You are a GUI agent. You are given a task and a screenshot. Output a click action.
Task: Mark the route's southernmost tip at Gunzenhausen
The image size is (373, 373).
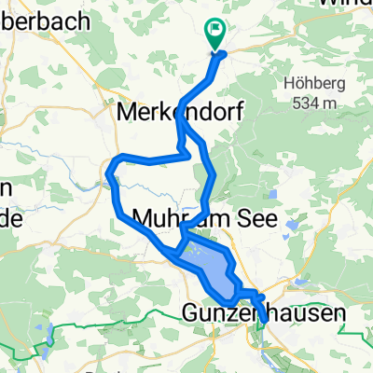(x=266, y=323)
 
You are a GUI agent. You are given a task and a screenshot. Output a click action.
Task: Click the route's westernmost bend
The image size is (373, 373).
(x=110, y=173)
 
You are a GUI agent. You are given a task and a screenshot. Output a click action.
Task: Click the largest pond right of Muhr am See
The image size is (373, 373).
(x=294, y=225)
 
